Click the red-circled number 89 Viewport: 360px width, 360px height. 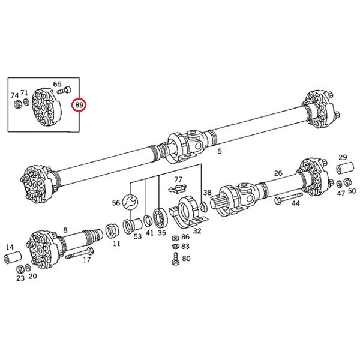coord(79,105)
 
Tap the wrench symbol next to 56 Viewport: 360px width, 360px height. coord(130,202)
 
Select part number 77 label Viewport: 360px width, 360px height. coord(178,179)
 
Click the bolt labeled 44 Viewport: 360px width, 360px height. coord(289,198)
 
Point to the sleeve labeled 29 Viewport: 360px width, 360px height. coord(346,168)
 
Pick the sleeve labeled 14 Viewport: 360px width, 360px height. coord(13,258)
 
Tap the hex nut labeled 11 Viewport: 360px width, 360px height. coord(112,232)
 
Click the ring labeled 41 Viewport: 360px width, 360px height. coord(148,221)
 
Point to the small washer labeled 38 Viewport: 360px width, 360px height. coord(203,207)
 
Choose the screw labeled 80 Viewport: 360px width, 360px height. coord(176,259)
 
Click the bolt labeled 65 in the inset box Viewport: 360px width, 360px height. coord(64,89)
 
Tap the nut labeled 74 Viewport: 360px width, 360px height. coord(17,104)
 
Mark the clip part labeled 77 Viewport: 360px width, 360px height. coord(177,188)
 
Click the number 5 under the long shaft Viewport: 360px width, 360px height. coord(220,151)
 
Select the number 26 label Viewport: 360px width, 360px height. coord(278,173)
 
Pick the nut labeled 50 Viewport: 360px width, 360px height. coord(347,182)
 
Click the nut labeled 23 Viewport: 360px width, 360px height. coord(20,269)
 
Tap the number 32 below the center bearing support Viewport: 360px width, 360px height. coord(197,231)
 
